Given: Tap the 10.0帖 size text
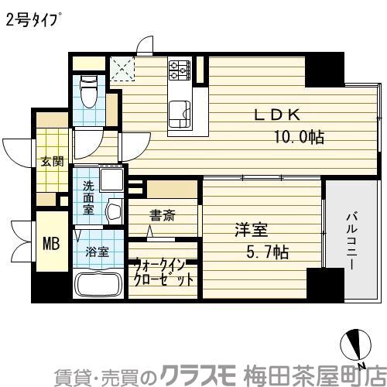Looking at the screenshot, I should click(x=298, y=137).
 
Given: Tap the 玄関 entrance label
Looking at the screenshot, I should click(x=52, y=162).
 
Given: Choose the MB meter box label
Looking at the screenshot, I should click(x=50, y=242).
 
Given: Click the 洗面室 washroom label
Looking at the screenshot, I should click(x=90, y=197).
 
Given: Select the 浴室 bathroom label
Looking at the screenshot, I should click(x=97, y=252).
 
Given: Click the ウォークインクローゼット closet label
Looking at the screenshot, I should click(x=163, y=271).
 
